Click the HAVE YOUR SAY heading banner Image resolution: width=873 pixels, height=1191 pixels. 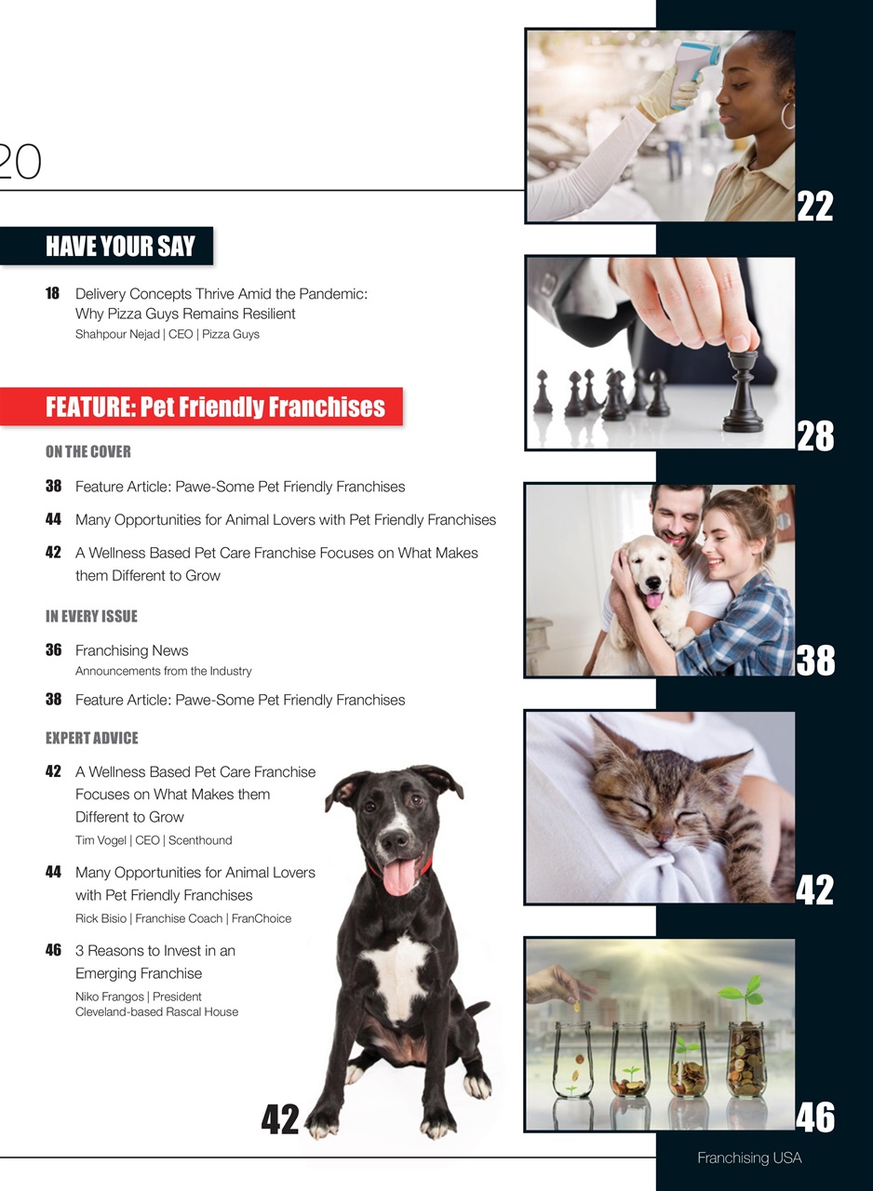[120, 247]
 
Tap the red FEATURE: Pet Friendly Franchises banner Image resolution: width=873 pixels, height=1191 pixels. [215, 408]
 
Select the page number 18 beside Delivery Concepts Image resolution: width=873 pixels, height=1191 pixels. [52, 294]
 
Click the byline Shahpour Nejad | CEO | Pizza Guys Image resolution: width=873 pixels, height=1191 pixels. [168, 334]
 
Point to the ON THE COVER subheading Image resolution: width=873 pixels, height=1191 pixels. [88, 452]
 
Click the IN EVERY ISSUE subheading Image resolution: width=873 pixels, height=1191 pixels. [91, 617]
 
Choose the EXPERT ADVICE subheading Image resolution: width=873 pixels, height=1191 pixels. [91, 739]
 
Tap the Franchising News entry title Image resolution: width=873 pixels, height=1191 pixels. [131, 650]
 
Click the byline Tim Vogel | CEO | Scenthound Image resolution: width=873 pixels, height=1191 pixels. [154, 840]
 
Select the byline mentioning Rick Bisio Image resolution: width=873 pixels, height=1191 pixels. [183, 918]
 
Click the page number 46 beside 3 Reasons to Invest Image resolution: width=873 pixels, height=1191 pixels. [53, 951]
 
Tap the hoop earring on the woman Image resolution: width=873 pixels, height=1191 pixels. [788, 115]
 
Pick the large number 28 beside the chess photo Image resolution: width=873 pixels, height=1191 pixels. [815, 435]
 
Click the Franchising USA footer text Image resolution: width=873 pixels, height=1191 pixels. [749, 1158]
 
